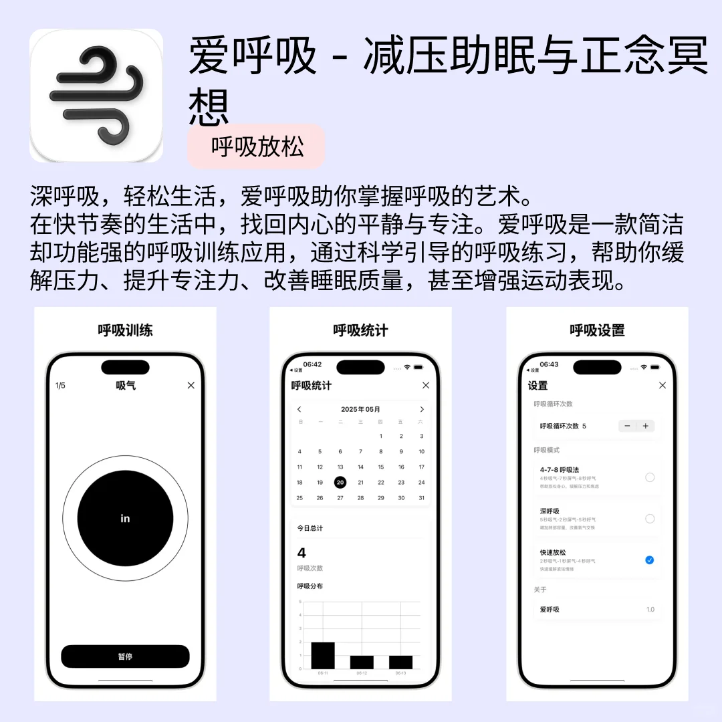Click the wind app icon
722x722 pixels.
click(x=96, y=96)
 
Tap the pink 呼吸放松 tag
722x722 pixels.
click(x=257, y=146)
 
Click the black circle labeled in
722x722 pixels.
click(x=125, y=518)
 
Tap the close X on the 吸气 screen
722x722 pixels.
click(x=191, y=385)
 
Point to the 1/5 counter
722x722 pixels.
click(x=60, y=386)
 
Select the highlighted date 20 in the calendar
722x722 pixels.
click(x=340, y=482)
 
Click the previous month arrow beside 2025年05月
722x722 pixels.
click(x=299, y=409)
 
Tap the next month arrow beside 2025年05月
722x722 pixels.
click(x=422, y=409)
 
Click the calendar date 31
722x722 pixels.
click(x=422, y=498)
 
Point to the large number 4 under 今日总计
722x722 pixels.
click(x=302, y=553)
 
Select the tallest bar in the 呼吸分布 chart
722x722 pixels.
click(x=323, y=655)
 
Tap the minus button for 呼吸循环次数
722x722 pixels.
click(x=627, y=426)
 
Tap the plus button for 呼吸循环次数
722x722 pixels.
click(x=645, y=426)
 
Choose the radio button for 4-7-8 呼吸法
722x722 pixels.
click(x=650, y=477)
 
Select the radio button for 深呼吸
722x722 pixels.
click(x=650, y=519)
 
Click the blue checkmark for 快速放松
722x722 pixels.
click(x=650, y=560)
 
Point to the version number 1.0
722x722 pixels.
click(x=650, y=610)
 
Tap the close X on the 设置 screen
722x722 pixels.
click(x=663, y=385)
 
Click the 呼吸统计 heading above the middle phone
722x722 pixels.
click(x=360, y=330)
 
